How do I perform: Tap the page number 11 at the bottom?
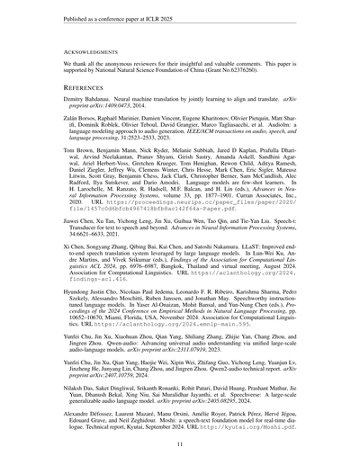pos(179,443)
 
